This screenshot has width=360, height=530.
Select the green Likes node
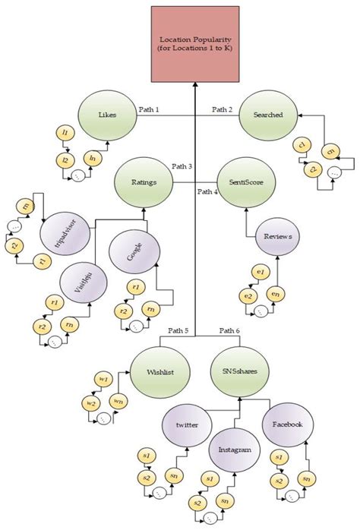click(x=108, y=115)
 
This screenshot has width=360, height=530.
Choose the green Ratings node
click(x=144, y=182)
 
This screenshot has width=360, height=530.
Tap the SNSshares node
click(x=237, y=371)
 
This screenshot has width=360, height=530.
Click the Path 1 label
click(x=150, y=110)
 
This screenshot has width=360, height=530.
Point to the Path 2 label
click(x=222, y=110)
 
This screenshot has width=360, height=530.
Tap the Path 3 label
click(x=182, y=166)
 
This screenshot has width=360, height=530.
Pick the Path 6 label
click(x=229, y=330)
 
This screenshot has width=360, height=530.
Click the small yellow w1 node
click(x=105, y=377)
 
